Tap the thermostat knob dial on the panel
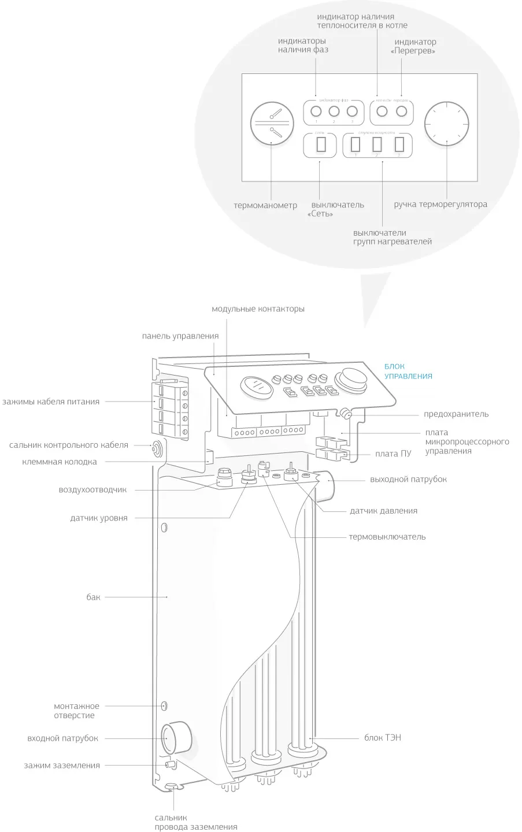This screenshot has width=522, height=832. pyautogui.click(x=446, y=124)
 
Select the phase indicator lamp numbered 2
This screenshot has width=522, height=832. pyautogui.click(x=334, y=112)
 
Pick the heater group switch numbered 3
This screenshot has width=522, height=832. pyautogui.click(x=398, y=143)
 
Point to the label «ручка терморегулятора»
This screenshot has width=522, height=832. pyautogui.click(x=440, y=204)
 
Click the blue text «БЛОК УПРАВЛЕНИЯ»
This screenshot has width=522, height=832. pyautogui.click(x=408, y=371)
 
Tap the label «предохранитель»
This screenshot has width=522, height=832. pyautogui.click(x=456, y=414)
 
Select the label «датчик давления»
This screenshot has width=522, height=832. pyautogui.click(x=383, y=511)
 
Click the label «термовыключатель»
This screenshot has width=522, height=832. pyautogui.click(x=387, y=537)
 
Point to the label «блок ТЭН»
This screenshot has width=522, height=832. pyautogui.click(x=382, y=738)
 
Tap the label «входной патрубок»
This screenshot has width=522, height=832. pyautogui.click(x=63, y=738)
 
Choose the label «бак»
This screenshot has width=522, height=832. pyautogui.click(x=94, y=597)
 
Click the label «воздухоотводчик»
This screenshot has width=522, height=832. pyautogui.click(x=92, y=490)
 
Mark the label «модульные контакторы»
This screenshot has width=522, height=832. pyautogui.click(x=258, y=309)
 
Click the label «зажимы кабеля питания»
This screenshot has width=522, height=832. pyautogui.click(x=51, y=402)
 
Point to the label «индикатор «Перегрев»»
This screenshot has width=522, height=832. pyautogui.click(x=414, y=46)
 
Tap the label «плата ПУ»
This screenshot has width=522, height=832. pyautogui.click(x=394, y=454)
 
